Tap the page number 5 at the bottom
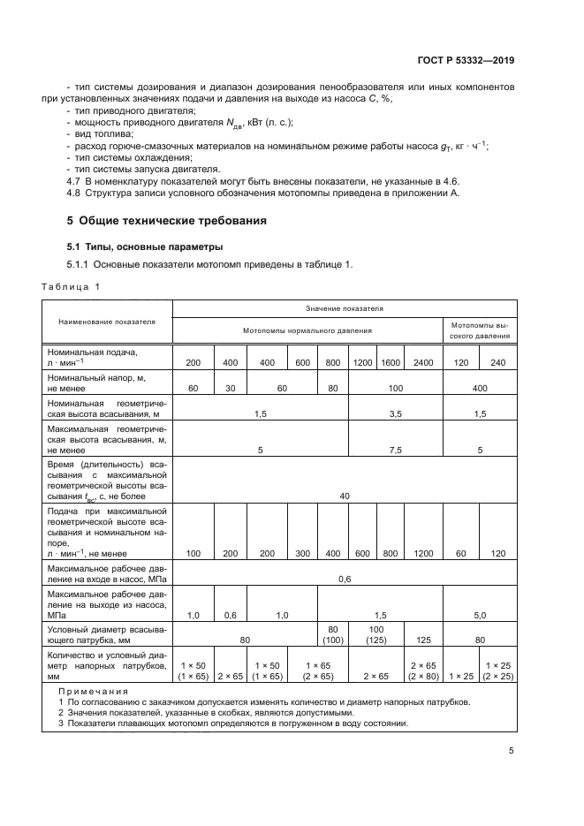point(512,751)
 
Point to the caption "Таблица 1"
point(72,286)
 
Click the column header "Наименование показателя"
point(107,322)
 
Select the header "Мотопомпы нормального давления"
point(307,330)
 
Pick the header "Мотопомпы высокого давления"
point(480,330)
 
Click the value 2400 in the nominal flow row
point(423,363)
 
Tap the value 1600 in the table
point(390,363)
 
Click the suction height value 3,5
point(395,413)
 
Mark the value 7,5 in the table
point(395,450)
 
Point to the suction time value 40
point(345,496)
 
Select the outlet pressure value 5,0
point(480,614)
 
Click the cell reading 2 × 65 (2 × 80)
point(423,671)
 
